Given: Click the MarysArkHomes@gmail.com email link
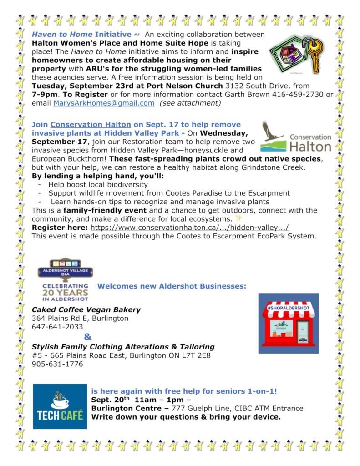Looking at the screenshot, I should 104,103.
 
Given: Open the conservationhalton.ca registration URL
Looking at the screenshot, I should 189,228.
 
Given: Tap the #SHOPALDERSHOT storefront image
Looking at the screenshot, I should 289,324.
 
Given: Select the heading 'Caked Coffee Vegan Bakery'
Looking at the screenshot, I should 86,309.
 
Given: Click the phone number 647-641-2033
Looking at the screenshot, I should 57,327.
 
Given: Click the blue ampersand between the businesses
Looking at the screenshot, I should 88,337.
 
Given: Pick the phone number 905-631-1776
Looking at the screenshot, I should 57,364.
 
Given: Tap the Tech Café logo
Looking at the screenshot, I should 60,406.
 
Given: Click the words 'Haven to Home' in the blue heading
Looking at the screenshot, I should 61,35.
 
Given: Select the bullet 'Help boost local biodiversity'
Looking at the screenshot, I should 98,184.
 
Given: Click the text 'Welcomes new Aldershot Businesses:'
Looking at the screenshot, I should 172,286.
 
